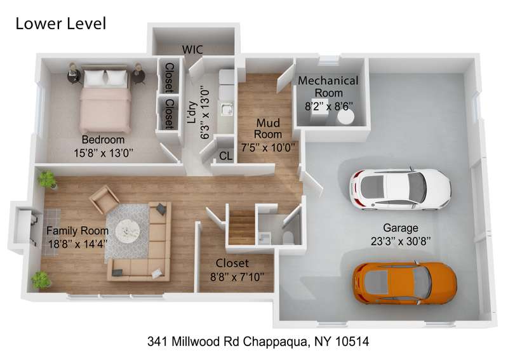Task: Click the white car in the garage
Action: pos(400,189)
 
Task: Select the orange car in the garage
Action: pos(404,283)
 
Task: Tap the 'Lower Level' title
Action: pos(61,23)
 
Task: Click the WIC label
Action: pos(192,50)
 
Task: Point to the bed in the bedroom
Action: pos(105,100)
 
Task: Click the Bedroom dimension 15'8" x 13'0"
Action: pos(104,153)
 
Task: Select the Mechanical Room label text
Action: pos(328,86)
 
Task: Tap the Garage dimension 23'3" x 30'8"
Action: pos(401,241)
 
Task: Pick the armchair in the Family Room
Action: pos(104,199)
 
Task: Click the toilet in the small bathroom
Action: pos(288,237)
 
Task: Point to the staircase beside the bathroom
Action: pos(242,227)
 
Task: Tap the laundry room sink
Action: pos(227,109)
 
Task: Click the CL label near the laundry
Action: pos(226,156)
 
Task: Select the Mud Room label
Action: pos(268,128)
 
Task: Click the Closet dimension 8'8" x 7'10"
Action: pos(237,277)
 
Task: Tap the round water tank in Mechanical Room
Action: pos(345,118)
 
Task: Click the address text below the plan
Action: pos(258,342)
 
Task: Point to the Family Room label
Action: pos(77,230)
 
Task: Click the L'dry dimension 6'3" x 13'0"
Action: pos(204,112)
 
